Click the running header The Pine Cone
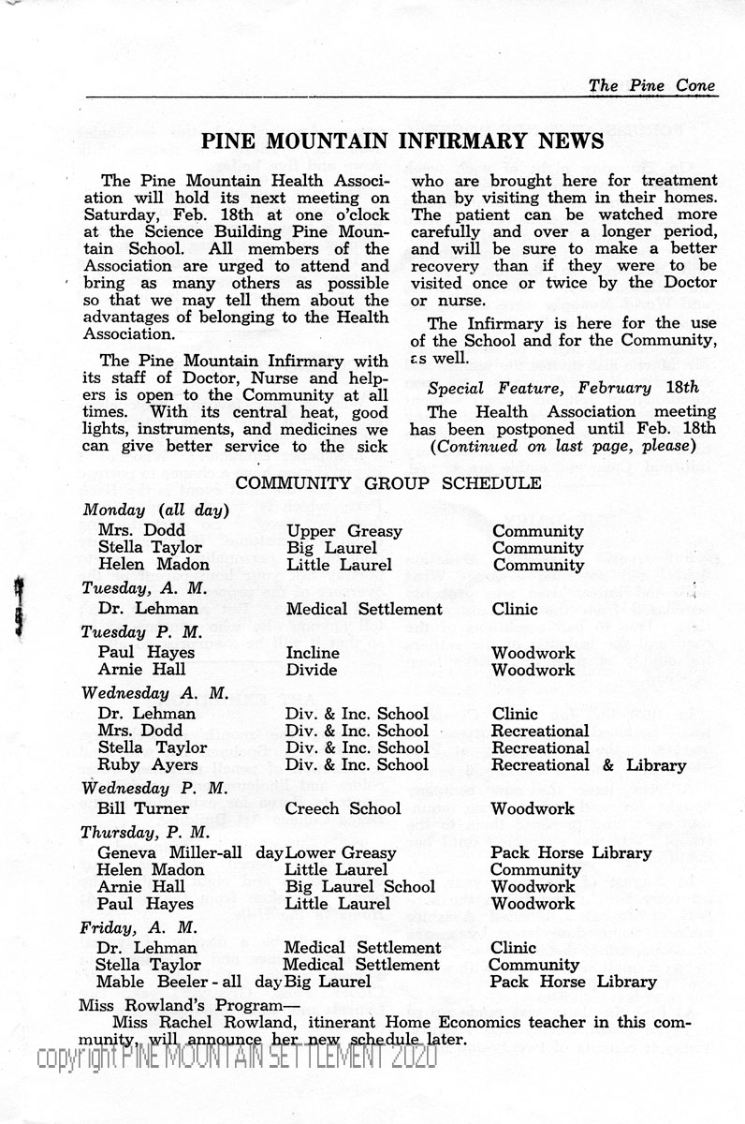[651, 85]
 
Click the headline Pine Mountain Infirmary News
[402, 140]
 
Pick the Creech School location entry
[343, 808]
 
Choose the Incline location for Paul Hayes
[313, 652]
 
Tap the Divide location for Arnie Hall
[311, 670]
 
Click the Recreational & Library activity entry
[588, 765]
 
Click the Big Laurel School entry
[360, 887]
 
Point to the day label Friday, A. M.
[139, 927]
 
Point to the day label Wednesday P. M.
[154, 787]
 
